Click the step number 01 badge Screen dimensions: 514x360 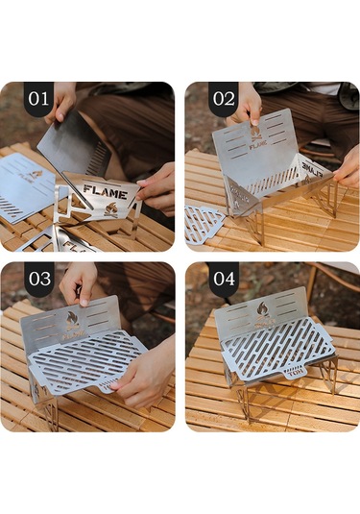38,98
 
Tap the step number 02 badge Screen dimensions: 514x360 223,98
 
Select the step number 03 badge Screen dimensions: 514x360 39,279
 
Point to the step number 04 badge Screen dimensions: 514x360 223,279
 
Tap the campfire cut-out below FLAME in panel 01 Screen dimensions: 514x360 111,207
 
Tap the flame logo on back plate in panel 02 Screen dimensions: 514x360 257,135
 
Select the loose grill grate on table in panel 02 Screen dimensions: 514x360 204,222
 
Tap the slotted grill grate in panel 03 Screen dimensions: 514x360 86,360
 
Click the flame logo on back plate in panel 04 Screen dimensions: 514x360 262,309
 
